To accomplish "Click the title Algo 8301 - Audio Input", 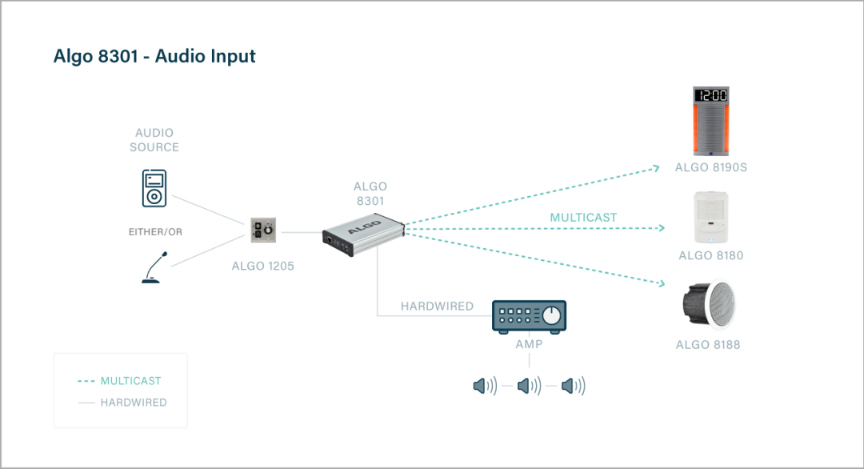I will [154, 57].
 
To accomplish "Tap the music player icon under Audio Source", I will [154, 187].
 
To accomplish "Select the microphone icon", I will [154, 267].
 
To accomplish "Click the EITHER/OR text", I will [155, 232].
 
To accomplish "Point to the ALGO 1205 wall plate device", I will [263, 231].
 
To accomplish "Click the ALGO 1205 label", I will [262, 266].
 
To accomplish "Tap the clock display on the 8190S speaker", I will [711, 95].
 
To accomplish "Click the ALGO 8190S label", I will [711, 168].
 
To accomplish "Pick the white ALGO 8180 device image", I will [710, 216].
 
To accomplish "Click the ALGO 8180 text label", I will [710, 256].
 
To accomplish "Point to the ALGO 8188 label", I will [708, 345].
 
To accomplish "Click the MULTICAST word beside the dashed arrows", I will [583, 217].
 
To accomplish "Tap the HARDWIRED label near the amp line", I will [437, 307].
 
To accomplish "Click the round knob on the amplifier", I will [551, 317].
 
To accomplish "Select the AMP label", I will [529, 344].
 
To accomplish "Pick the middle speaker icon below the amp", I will [528, 387].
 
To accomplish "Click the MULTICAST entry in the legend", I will [130, 381].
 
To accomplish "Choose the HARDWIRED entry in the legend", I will [133, 403].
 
